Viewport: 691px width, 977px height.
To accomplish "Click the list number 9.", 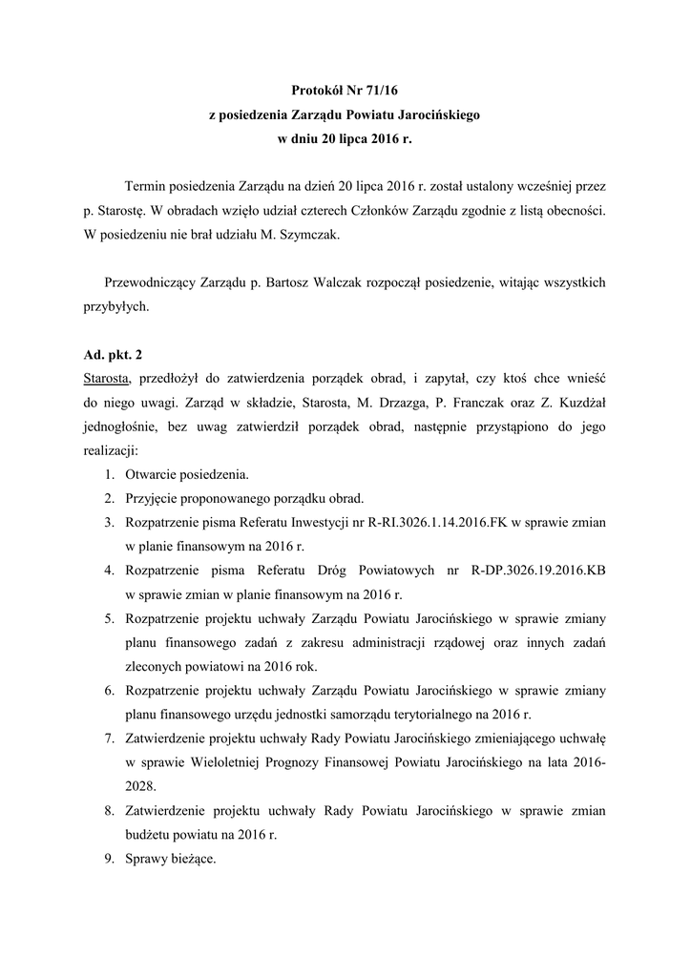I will point(109,859).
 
